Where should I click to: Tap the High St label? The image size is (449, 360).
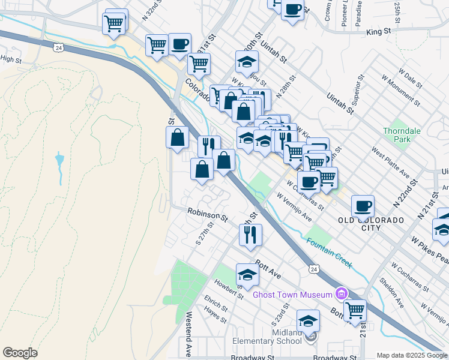click(10, 59)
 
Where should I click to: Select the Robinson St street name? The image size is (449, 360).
click(207, 214)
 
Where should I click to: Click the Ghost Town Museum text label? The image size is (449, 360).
click(292, 294)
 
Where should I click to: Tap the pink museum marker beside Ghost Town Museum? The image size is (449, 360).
click(342, 293)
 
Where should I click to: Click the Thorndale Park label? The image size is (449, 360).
click(402, 136)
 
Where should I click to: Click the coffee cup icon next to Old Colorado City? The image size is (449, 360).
click(363, 206)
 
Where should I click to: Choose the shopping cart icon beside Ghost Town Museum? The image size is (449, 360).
click(355, 310)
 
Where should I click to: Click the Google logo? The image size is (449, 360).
click(20, 353)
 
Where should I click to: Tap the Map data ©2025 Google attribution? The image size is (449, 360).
click(411, 355)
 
